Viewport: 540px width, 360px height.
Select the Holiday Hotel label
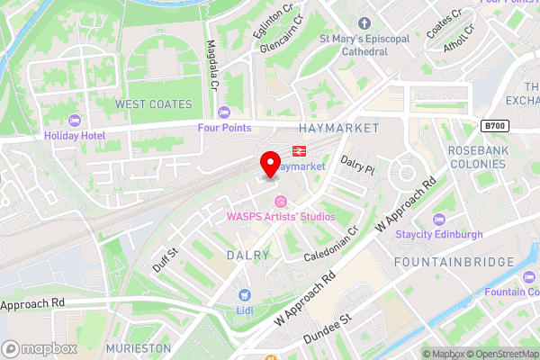coord(75,136)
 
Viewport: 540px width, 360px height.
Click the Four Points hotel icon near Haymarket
coord(224,112)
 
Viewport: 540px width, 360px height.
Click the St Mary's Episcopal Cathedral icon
coord(364,22)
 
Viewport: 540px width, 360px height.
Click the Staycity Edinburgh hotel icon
coord(438,219)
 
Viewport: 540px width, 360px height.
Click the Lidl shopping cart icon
coord(243,294)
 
